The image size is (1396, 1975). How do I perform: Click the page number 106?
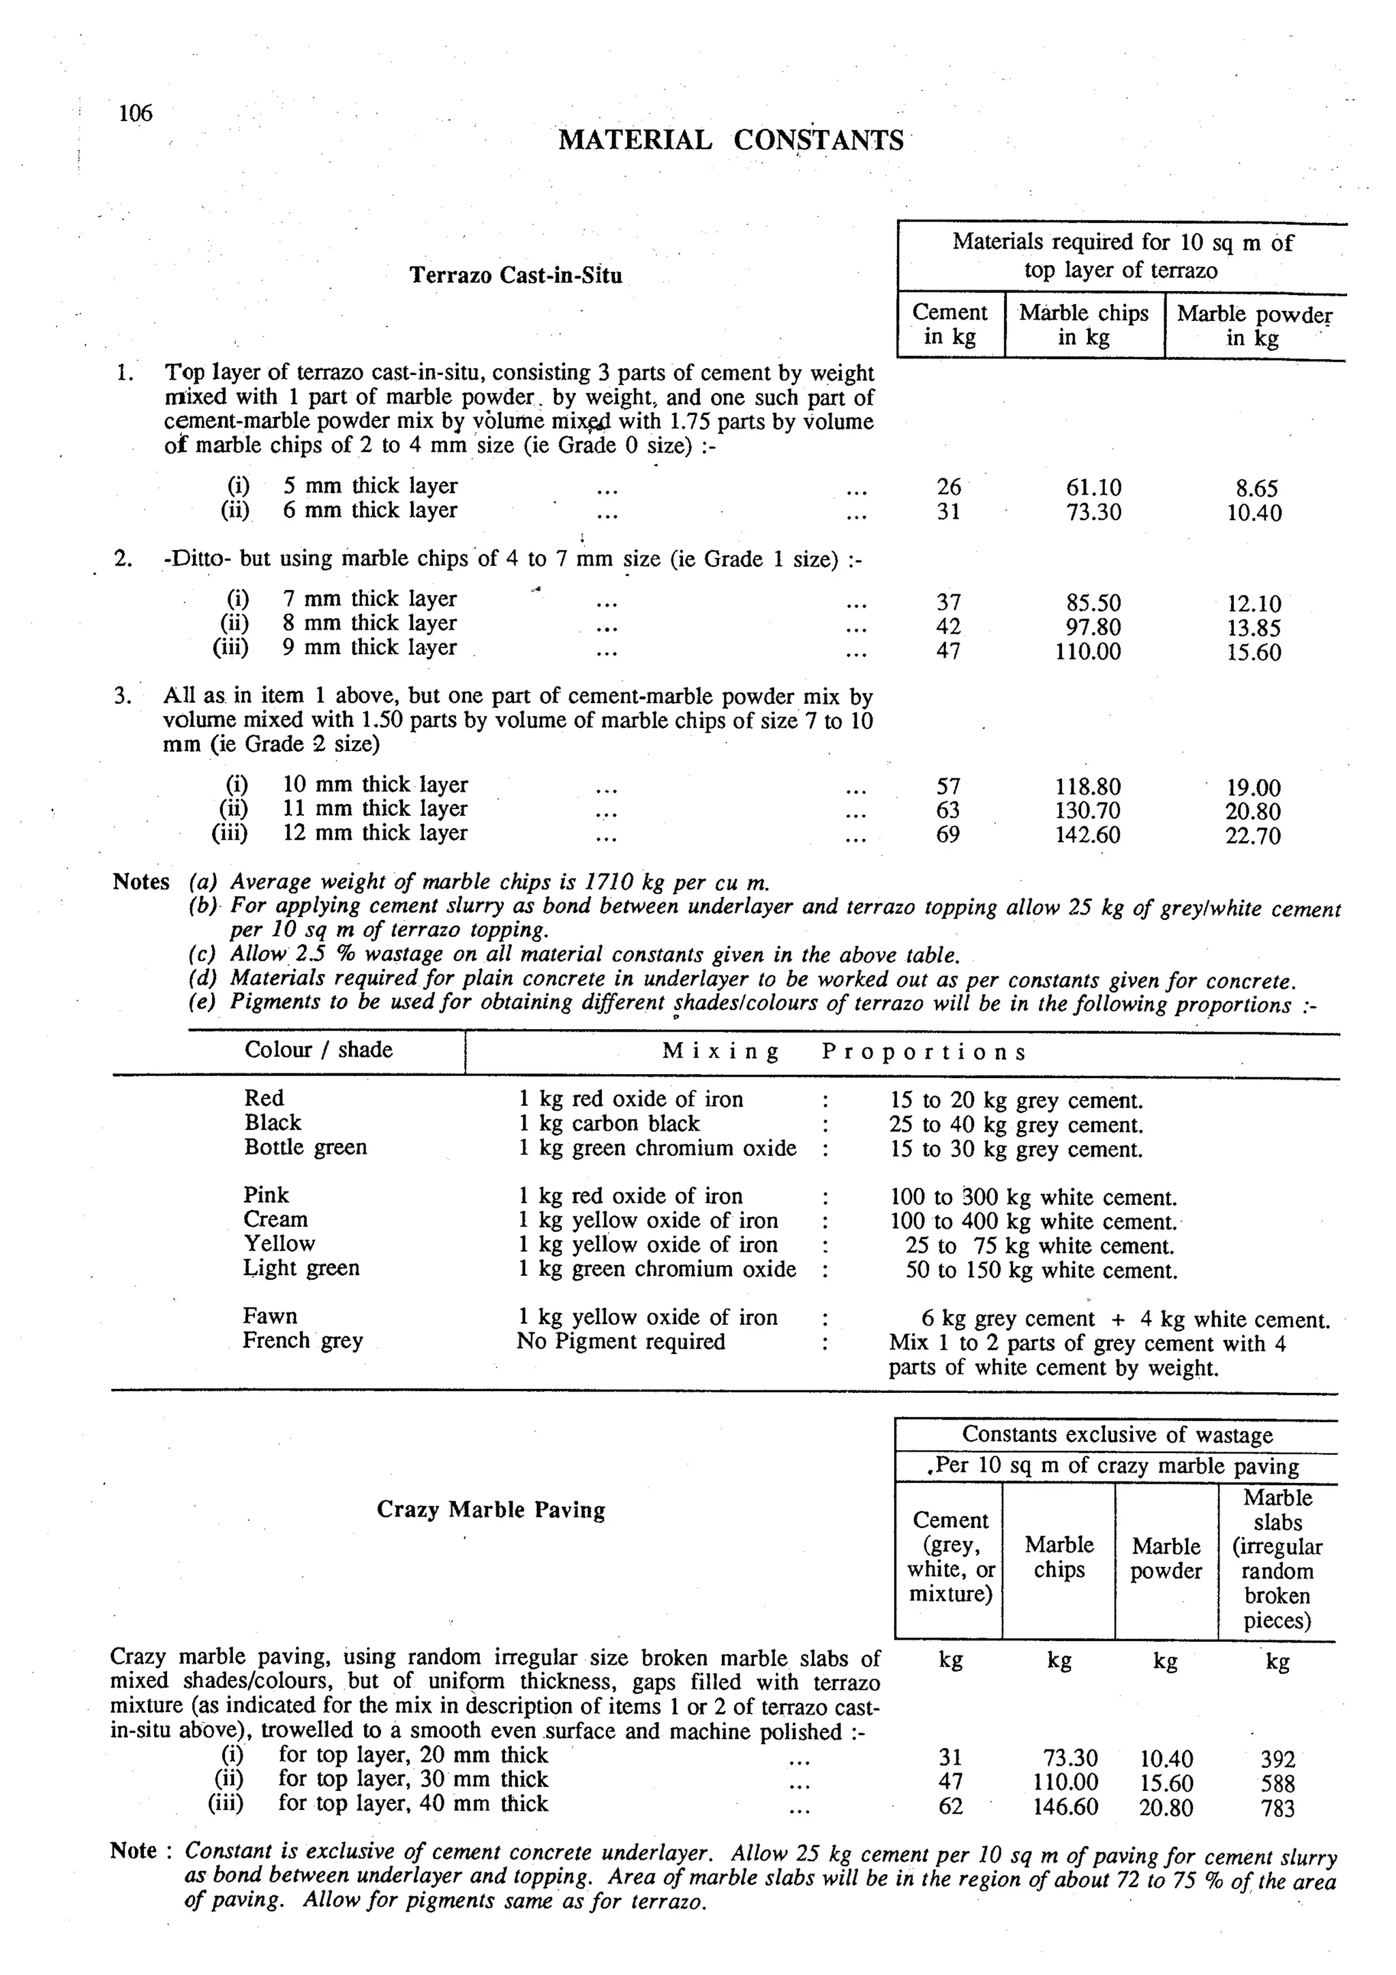click(135, 112)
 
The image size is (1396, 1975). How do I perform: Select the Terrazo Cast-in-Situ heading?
click(515, 275)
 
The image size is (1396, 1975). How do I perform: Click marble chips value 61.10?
click(1093, 489)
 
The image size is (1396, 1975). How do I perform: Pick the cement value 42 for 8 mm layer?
click(948, 627)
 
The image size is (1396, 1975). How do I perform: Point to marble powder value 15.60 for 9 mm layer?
click(1254, 652)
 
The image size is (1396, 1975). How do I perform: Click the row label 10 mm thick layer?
click(375, 784)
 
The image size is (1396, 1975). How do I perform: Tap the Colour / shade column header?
click(318, 1050)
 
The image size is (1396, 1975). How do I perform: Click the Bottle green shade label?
click(305, 1147)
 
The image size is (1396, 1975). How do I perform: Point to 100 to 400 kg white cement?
click(1032, 1221)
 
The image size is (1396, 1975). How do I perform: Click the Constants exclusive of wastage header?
click(1117, 1435)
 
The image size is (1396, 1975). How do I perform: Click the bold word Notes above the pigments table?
click(141, 882)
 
